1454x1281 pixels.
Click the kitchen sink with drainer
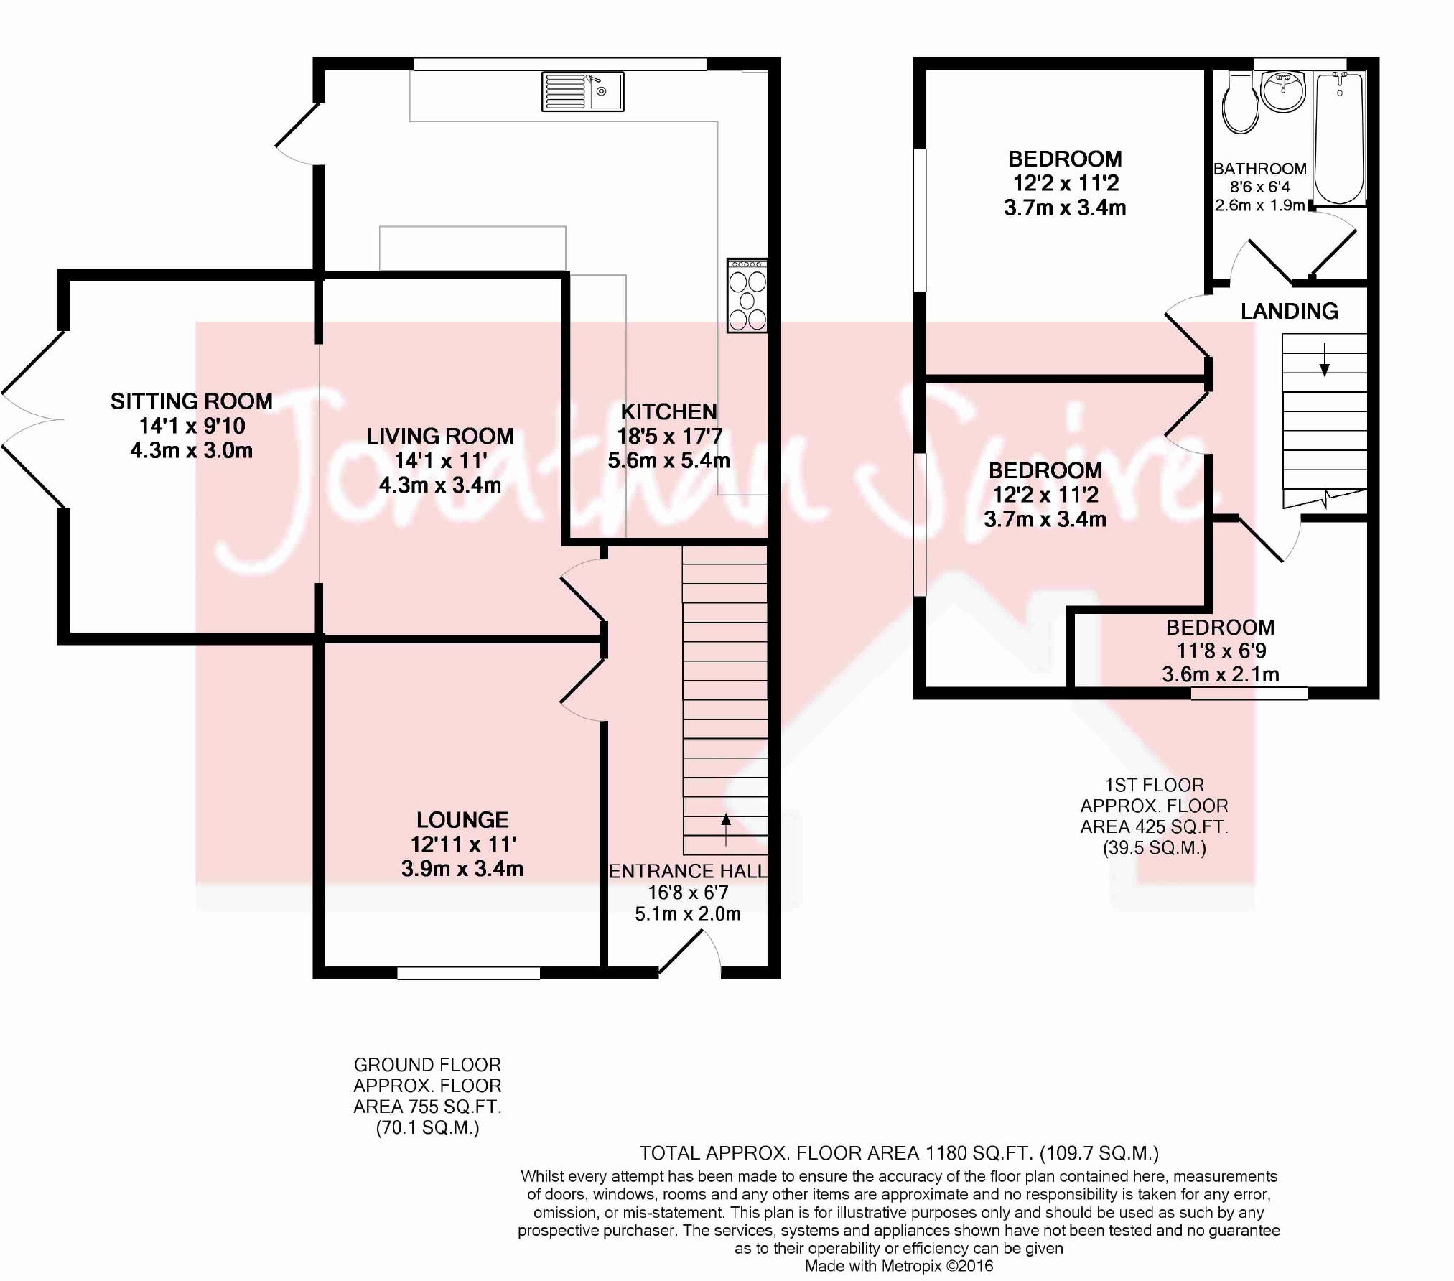click(x=582, y=91)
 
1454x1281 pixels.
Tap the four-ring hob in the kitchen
click(x=747, y=296)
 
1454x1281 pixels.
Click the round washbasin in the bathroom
click(x=1283, y=91)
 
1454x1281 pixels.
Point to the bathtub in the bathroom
click(x=1339, y=137)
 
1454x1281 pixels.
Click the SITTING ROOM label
click(x=192, y=401)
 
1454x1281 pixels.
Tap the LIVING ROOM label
click(x=440, y=436)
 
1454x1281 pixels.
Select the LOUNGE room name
click(x=462, y=819)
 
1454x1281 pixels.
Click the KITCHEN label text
click(x=668, y=411)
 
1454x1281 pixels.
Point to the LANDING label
click(x=1290, y=311)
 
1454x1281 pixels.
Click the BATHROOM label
click(x=1260, y=169)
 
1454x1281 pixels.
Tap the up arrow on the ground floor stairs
click(x=726, y=829)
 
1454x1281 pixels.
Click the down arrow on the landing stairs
click(x=1325, y=360)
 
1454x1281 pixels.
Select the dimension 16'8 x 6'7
click(x=688, y=893)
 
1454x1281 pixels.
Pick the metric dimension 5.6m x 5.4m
click(x=669, y=460)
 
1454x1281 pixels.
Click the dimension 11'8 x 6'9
click(x=1221, y=651)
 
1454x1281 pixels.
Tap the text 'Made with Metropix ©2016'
click(x=899, y=1266)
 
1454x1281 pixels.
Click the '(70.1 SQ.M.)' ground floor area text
click(x=427, y=1127)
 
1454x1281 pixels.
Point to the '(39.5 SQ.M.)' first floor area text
click(x=1155, y=847)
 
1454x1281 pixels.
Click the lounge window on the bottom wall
click(x=469, y=973)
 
